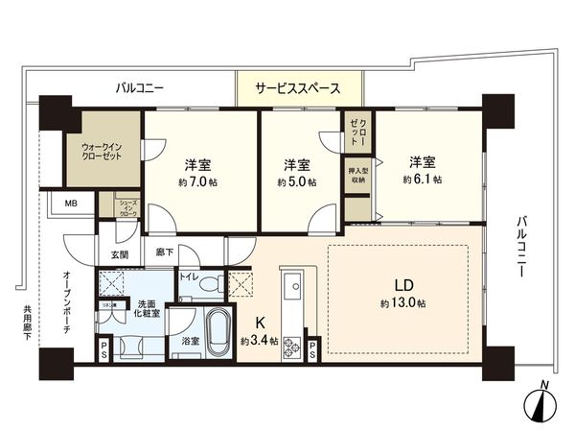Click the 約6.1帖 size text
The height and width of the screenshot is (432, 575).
422,179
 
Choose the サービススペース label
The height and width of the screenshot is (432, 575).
297,87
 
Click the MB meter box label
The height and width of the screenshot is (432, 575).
72,204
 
